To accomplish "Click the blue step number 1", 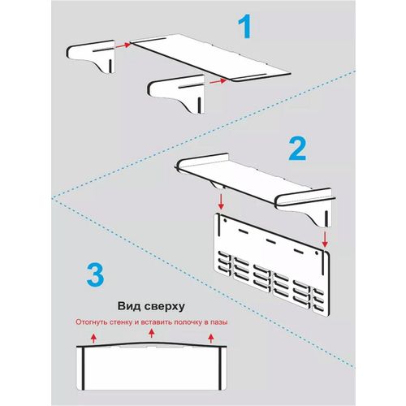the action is click(x=245, y=26).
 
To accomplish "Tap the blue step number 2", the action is click(x=297, y=149).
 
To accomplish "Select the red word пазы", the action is click(x=219, y=322).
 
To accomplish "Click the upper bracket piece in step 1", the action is click(x=92, y=54).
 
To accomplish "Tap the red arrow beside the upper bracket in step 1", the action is click(x=123, y=45).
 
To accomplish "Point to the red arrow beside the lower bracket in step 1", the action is click(x=218, y=81).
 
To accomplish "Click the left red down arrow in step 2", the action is click(x=221, y=201).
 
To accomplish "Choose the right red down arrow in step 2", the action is click(x=325, y=239).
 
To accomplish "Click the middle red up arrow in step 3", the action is click(x=152, y=333).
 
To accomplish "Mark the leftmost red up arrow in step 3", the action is click(x=93, y=339).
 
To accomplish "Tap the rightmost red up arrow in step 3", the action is click(x=211, y=339).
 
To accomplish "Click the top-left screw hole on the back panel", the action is click(x=225, y=221).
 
